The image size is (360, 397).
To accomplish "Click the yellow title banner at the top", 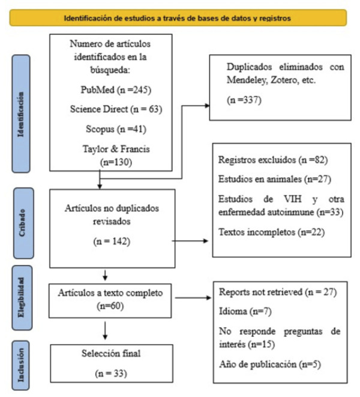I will point(178,18).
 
